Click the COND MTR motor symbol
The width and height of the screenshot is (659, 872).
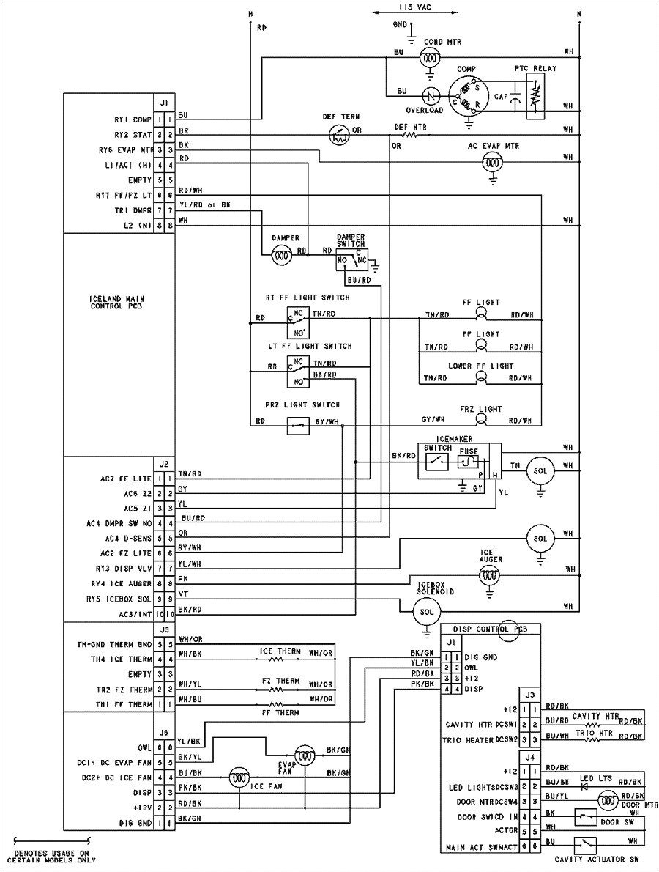[x=433, y=54]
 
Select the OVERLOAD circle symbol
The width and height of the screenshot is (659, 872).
[x=432, y=95]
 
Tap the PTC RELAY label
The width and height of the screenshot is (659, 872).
[x=535, y=68]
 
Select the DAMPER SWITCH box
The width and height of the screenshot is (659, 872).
[x=349, y=260]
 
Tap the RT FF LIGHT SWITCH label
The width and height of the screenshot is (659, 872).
[x=308, y=298]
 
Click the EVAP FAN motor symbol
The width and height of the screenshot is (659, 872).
[x=304, y=755]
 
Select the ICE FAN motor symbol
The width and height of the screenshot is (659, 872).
[x=238, y=778]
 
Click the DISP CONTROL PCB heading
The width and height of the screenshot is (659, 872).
[x=492, y=629]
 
